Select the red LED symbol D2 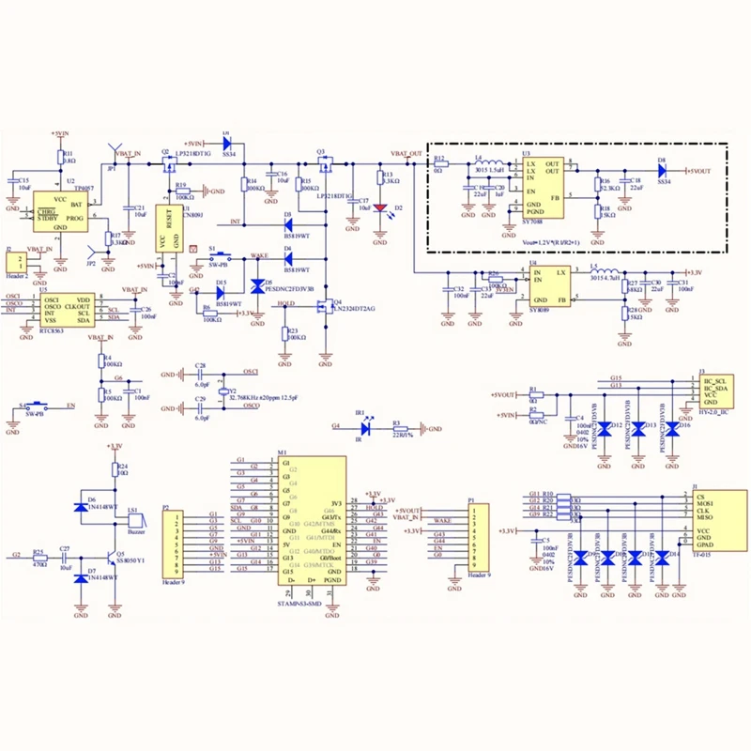pos(379,208)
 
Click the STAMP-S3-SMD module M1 pos(311,521)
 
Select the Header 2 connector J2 pos(14,266)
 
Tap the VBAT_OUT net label pos(407,153)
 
